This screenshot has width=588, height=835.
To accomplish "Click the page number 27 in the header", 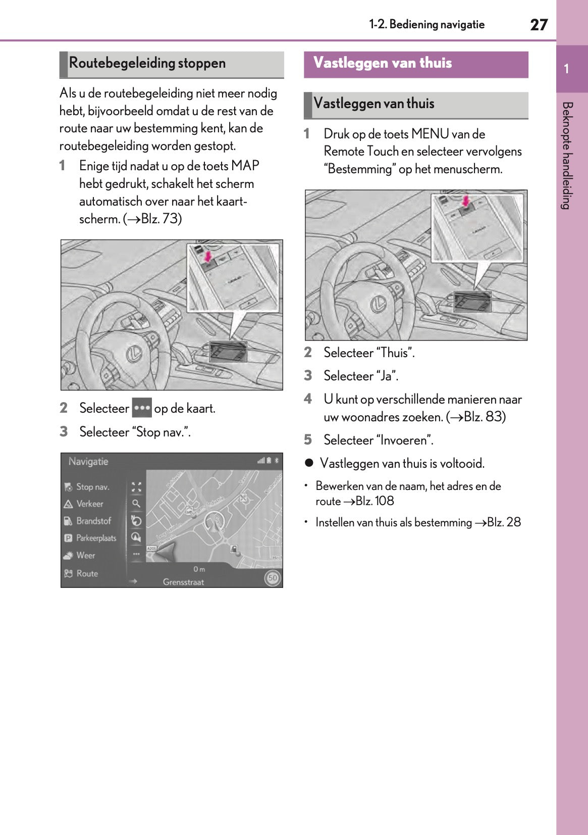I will (x=539, y=25).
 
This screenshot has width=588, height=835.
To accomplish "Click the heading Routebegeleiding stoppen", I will (x=147, y=63).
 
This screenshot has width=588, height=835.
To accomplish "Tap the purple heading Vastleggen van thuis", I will (x=383, y=63).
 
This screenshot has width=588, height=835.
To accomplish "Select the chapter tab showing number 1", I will (x=567, y=69).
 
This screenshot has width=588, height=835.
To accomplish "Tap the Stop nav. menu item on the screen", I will (x=92, y=487).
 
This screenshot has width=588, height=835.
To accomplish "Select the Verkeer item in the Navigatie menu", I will (x=89, y=504).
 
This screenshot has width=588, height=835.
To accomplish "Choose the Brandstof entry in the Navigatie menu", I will (x=93, y=521).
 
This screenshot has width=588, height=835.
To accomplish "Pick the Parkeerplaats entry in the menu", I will (x=96, y=538).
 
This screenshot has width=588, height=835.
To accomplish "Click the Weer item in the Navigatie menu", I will (x=85, y=555).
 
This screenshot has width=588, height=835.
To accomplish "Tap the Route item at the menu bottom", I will (x=87, y=573).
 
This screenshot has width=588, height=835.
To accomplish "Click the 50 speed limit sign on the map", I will (x=273, y=578).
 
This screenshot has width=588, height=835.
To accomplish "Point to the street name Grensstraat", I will (x=183, y=582).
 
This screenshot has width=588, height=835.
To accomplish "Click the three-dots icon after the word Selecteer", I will (x=142, y=408).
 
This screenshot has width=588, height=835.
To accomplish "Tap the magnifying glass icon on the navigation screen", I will (x=136, y=504).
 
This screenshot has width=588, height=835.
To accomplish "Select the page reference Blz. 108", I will (x=375, y=501).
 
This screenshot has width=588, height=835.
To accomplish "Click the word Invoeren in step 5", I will (x=404, y=440).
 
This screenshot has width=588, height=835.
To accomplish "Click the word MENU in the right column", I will (x=430, y=134).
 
